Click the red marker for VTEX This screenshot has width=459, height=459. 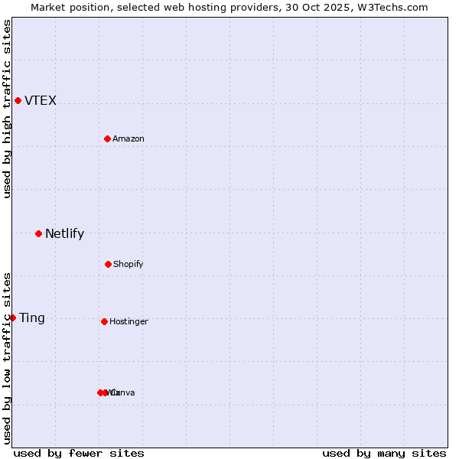point(18,100)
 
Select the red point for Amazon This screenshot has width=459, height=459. point(107,138)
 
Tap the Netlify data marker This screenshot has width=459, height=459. point(38,233)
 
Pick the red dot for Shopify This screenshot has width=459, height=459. point(108,264)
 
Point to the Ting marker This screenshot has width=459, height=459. point(12,317)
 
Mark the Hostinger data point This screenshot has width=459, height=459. point(104,321)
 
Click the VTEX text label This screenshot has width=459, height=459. point(41,101)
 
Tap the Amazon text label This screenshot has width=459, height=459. point(129,139)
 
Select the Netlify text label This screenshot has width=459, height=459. point(64,234)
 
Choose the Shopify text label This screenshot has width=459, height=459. point(129,265)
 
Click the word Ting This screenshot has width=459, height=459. point(32,318)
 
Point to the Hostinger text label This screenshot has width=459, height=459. point(129,322)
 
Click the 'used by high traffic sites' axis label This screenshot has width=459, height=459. point(7,109)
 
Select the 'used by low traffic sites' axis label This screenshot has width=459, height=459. point(7,358)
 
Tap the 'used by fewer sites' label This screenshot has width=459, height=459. point(79,454)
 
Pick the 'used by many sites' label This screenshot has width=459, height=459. point(384,454)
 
